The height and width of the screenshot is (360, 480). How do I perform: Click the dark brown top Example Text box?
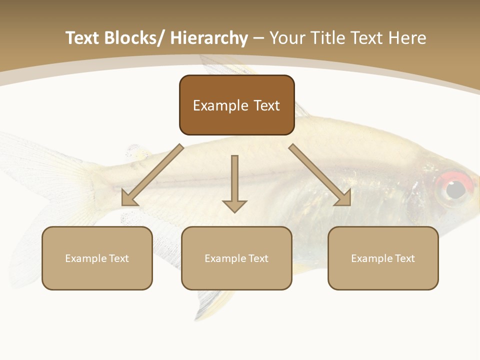pyautogui.click(x=236, y=105)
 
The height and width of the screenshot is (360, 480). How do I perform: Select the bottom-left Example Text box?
pyautogui.click(x=97, y=258)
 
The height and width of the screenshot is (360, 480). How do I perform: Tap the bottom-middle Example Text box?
pyautogui.click(x=236, y=258)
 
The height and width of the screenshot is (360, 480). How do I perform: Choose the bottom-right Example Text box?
pyautogui.click(x=383, y=258)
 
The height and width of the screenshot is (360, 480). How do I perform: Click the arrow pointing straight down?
pyautogui.click(x=234, y=183)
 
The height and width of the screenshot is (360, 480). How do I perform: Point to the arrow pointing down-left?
pyautogui.click(x=152, y=175)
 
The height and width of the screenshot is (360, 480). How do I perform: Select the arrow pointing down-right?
pyautogui.click(x=320, y=175)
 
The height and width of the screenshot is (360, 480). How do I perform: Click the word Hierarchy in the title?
pyautogui.click(x=208, y=38)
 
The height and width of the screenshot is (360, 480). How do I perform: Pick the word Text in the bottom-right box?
pyautogui.click(x=404, y=258)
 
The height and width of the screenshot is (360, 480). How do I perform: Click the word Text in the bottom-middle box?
pyautogui.click(x=258, y=258)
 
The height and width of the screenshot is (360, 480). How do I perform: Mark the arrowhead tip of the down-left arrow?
pyautogui.click(x=123, y=204)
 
